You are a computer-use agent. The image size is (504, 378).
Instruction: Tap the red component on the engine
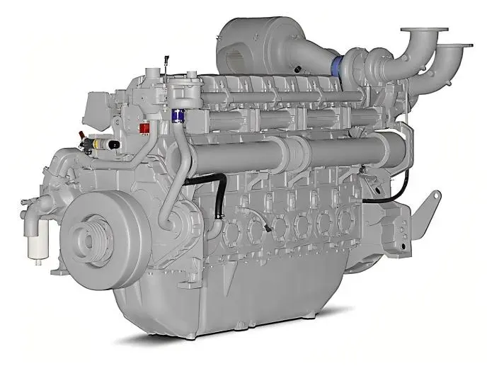click(145, 128)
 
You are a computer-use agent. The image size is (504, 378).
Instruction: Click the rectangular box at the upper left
click(95, 107)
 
